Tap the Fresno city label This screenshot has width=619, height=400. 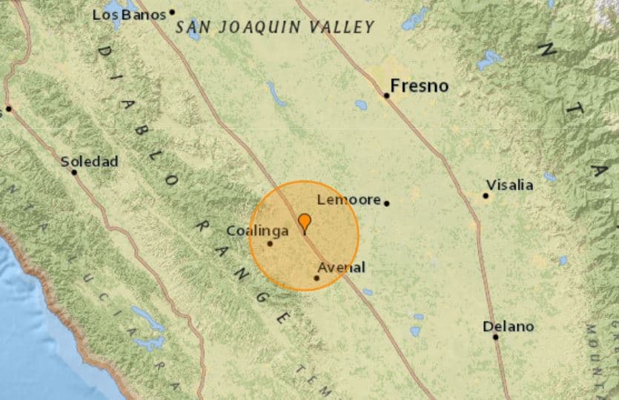click(x=420, y=86)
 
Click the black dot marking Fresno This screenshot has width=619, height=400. click(x=387, y=96)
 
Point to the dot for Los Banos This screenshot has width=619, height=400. click(x=172, y=12)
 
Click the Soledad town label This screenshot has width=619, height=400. click(x=89, y=161)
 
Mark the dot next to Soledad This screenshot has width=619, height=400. click(x=74, y=172)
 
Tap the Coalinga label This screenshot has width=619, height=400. click(x=257, y=231)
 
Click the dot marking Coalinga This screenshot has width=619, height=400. click(x=270, y=243)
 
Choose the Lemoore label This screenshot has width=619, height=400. click(x=348, y=200)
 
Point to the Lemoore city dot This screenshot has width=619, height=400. click(x=386, y=202)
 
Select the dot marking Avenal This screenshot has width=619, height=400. click(x=317, y=278)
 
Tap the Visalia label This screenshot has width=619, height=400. click(x=509, y=185)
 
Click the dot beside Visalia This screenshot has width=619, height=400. click(x=486, y=196)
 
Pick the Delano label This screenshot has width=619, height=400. click(x=508, y=326)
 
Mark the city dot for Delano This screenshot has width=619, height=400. click(x=495, y=337)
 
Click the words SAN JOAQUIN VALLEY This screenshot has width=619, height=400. click(x=275, y=27)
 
